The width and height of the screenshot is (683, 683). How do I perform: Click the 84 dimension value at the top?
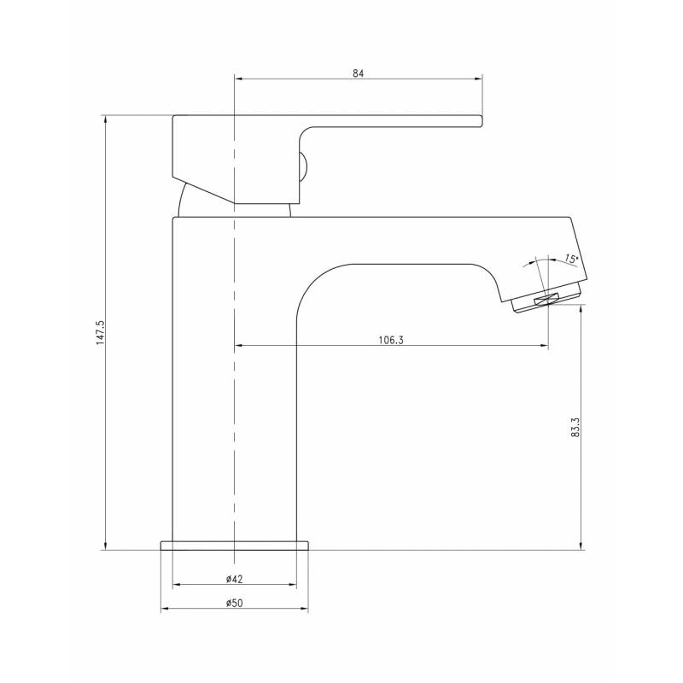[358, 73]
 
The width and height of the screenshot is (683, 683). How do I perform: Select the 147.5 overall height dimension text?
[101, 333]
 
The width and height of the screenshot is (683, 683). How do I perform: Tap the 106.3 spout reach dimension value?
[391, 340]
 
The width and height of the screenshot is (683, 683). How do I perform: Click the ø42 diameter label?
[234, 579]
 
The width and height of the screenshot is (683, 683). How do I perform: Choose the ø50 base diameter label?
[234, 603]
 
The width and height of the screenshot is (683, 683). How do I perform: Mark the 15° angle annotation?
[571, 259]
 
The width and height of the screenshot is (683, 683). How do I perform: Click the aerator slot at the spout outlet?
[546, 300]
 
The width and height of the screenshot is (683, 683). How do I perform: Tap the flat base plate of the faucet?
[234, 546]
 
